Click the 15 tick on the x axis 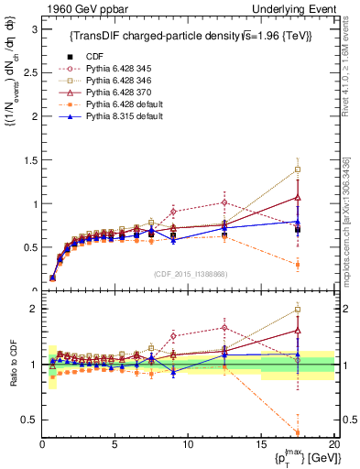261,446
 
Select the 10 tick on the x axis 188,446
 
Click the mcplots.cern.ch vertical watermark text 350,229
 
